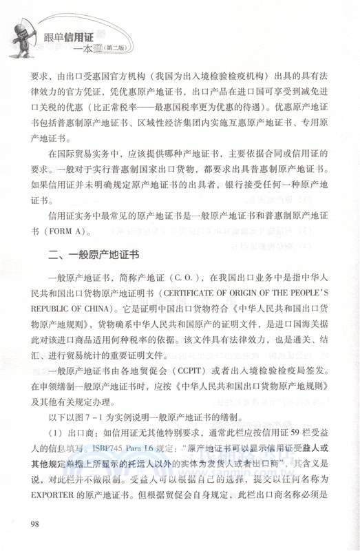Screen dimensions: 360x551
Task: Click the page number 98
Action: (36, 526)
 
